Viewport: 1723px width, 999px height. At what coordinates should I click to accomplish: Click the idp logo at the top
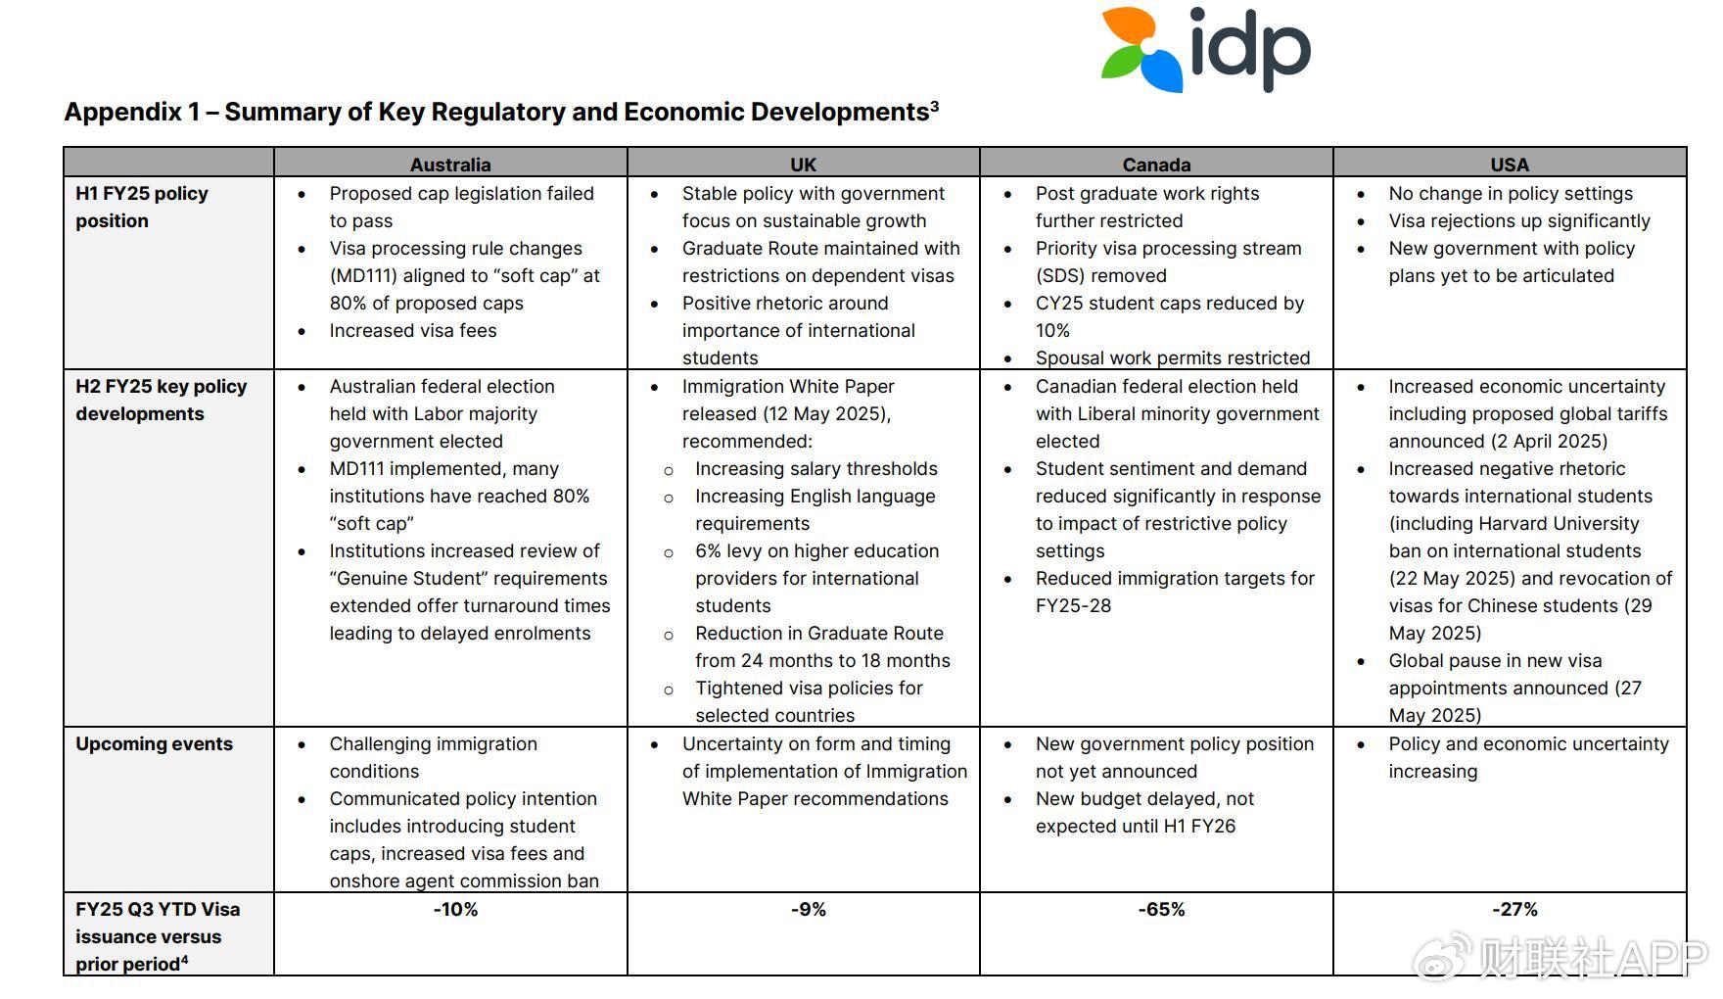click(1205, 49)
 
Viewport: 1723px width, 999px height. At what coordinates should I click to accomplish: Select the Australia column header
click(450, 165)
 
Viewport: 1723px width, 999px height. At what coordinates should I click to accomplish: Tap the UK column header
click(803, 165)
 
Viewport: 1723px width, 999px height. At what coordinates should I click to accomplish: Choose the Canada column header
click(1156, 165)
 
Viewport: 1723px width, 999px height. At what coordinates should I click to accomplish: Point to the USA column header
click(1510, 165)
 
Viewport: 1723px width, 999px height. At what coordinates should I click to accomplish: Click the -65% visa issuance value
click(1161, 910)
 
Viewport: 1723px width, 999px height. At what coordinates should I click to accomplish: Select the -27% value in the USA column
click(1514, 910)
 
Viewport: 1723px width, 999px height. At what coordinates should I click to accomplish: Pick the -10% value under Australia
click(455, 910)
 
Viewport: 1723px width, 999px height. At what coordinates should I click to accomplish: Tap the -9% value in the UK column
click(809, 910)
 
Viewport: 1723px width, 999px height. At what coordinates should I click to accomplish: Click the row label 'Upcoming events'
click(154, 744)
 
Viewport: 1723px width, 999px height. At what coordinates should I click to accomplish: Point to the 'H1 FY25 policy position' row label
click(141, 207)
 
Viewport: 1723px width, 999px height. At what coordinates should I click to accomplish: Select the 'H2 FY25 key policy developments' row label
click(161, 400)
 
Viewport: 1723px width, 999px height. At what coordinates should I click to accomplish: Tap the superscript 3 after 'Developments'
click(935, 105)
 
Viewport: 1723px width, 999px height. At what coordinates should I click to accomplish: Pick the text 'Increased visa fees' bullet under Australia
click(412, 331)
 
